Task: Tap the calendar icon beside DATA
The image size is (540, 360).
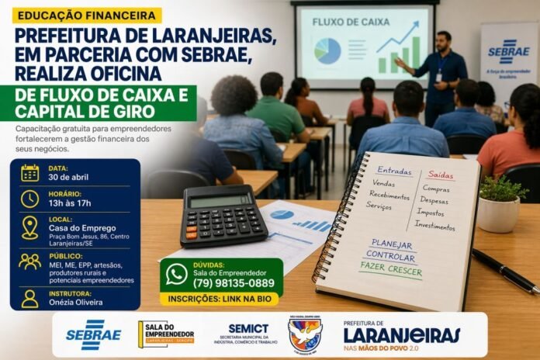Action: point(30,172)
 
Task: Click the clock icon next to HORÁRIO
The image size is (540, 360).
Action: point(30,199)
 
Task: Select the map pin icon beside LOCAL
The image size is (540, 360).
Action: point(30,227)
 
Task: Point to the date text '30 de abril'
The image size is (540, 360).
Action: point(68,177)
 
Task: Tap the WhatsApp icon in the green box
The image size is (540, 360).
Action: point(177,274)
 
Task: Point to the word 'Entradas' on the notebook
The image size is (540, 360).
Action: point(395,171)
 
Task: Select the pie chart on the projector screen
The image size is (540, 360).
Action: point(328,51)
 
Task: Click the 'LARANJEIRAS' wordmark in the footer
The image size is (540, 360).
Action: point(402,335)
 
